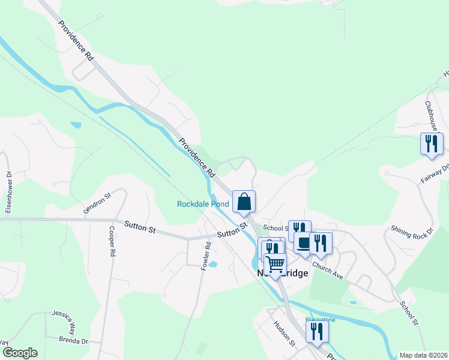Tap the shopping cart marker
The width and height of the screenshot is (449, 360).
pyautogui.click(x=276, y=265)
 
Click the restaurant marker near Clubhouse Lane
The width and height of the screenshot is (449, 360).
pyautogui.click(x=432, y=144)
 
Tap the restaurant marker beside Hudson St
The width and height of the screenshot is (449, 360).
pyautogui.click(x=317, y=332)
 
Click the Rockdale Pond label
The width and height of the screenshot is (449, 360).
pyautogui.click(x=203, y=204)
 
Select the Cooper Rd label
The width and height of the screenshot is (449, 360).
pyautogui.click(x=112, y=242)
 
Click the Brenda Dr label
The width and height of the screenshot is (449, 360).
pyautogui.click(x=73, y=341)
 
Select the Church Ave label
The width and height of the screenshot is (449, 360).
pyautogui.click(x=327, y=271)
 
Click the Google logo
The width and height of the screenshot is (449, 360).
pyautogui.click(x=20, y=352)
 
